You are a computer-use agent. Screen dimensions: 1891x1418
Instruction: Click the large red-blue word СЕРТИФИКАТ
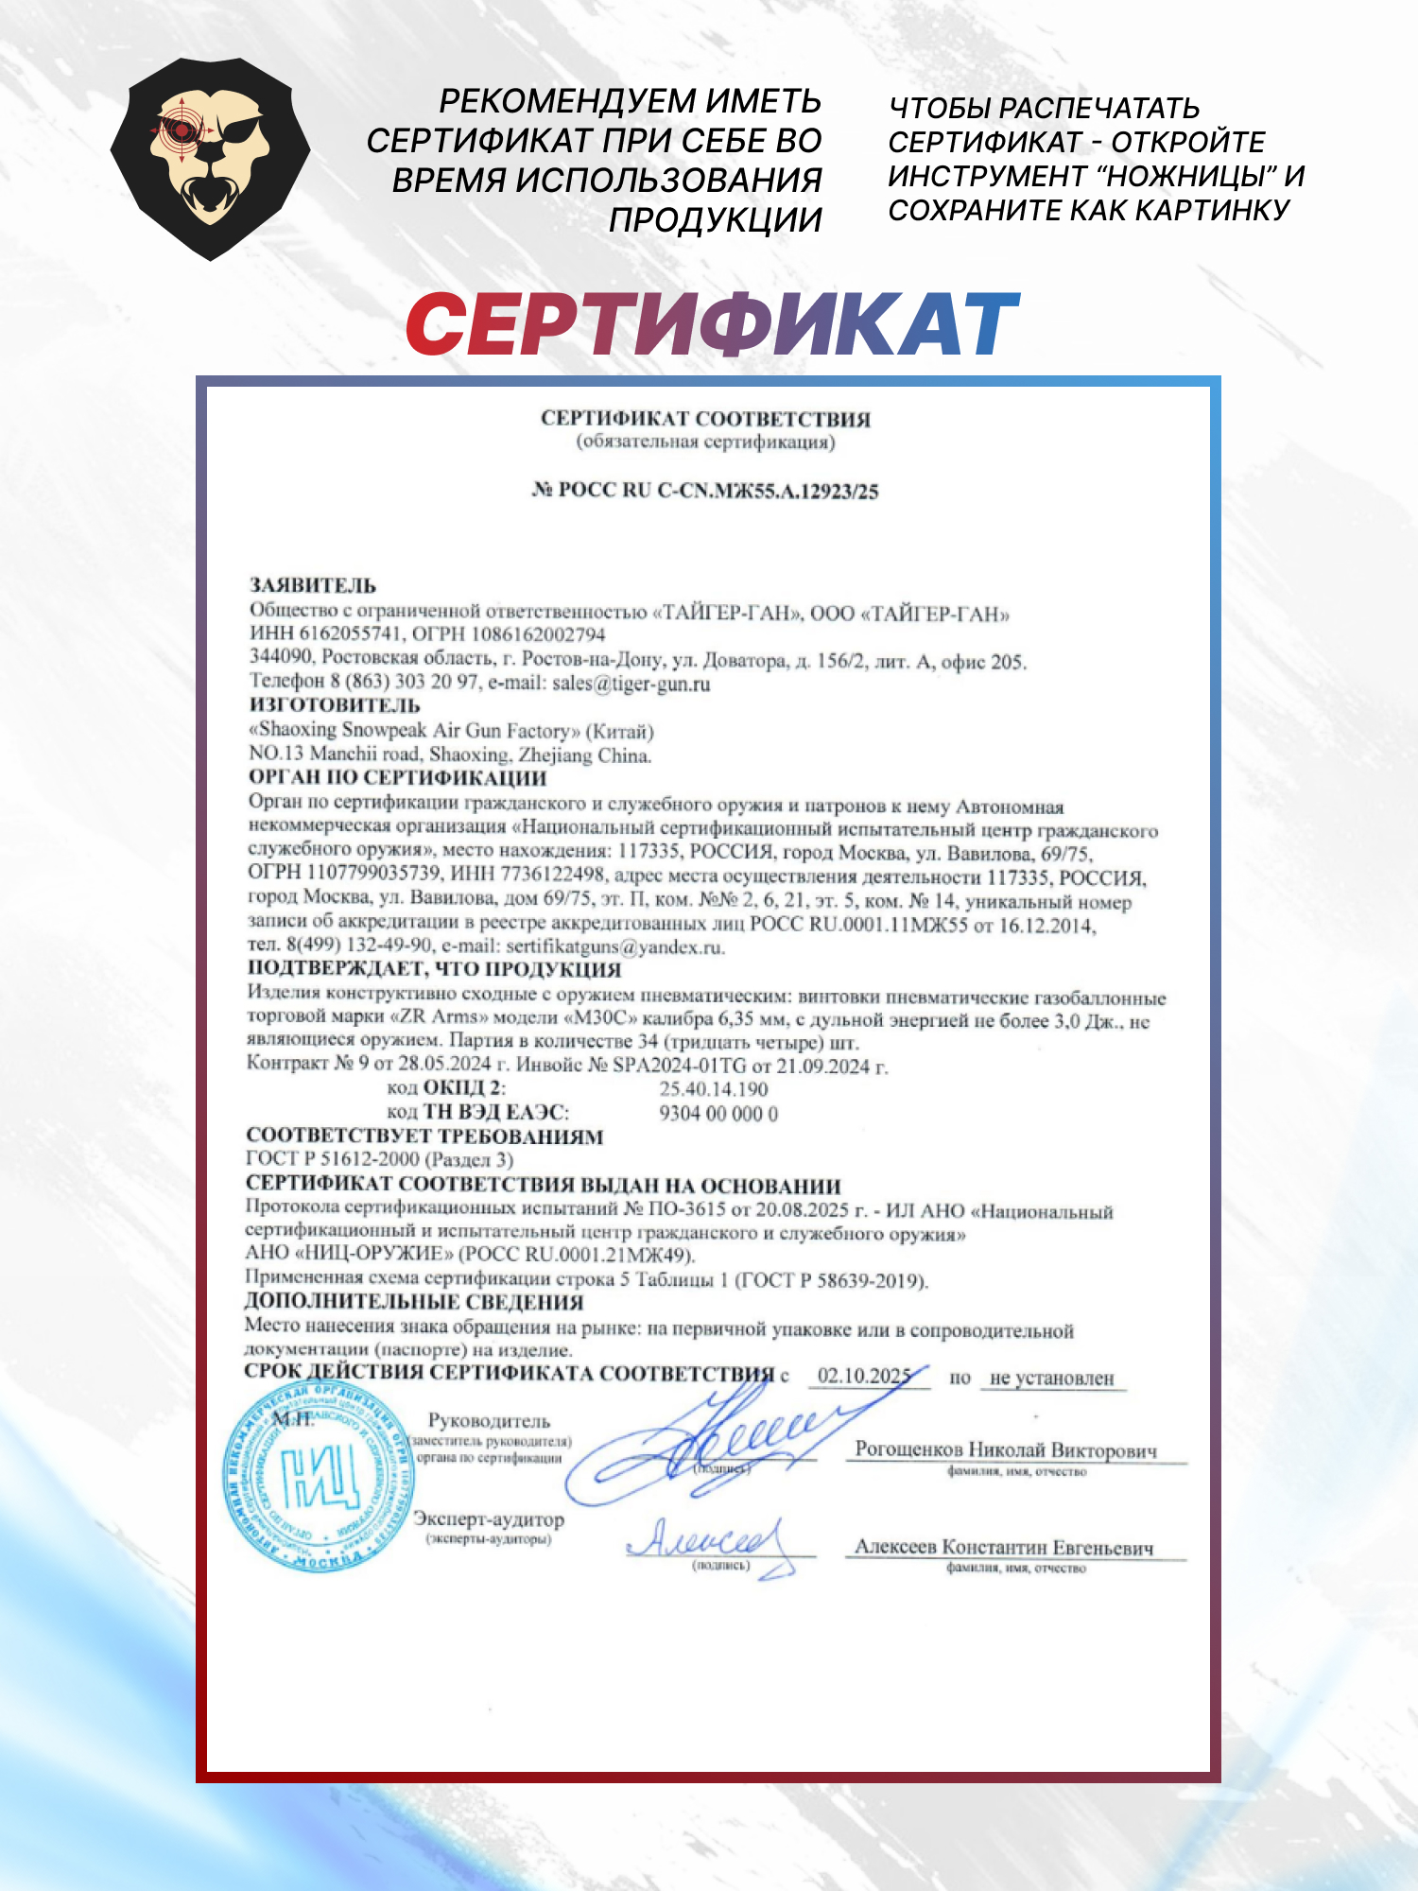(713, 324)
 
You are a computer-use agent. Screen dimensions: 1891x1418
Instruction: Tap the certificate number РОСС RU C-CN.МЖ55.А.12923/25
(705, 490)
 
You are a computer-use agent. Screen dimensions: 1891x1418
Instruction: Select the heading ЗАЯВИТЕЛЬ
(312, 585)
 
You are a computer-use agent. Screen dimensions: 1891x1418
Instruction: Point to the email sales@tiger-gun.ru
(631, 683)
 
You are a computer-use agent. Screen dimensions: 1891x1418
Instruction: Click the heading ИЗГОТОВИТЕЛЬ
(335, 705)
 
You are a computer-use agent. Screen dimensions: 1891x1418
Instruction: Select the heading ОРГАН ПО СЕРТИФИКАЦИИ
(397, 778)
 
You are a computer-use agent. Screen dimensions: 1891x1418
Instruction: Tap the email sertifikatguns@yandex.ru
(614, 946)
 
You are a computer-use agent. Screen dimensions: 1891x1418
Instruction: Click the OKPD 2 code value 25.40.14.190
(714, 1089)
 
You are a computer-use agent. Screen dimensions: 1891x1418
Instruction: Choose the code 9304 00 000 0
(718, 1114)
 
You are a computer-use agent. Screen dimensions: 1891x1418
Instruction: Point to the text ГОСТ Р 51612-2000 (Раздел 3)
(379, 1159)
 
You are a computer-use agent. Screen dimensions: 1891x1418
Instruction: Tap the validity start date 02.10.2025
(863, 1376)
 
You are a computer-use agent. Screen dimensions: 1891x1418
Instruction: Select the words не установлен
(1051, 1379)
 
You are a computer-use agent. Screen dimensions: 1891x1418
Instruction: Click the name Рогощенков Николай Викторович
(1006, 1449)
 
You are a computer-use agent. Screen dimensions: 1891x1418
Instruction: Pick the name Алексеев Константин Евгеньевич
(1004, 1548)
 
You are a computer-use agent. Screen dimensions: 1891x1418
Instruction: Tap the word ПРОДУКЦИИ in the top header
(715, 219)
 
